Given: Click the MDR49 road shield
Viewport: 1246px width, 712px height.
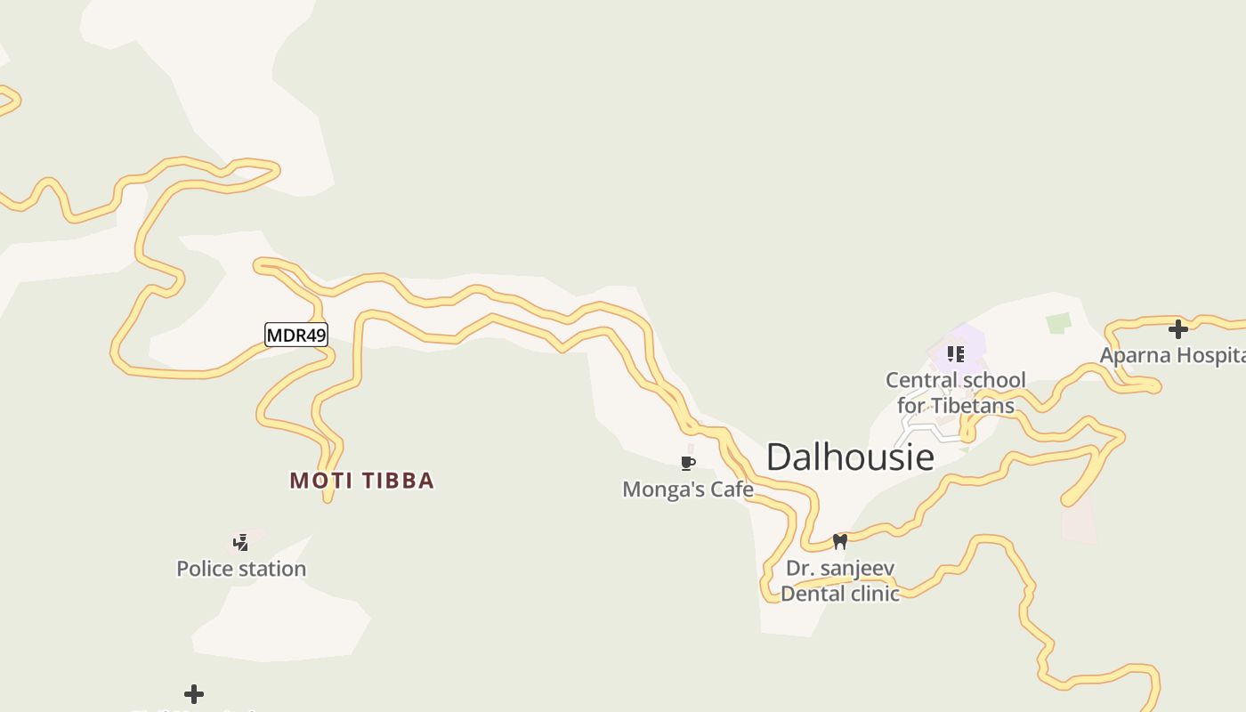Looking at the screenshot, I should click(296, 335).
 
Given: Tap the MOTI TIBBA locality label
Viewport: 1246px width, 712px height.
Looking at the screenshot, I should click(361, 481).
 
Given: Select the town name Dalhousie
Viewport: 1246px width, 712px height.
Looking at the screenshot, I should click(850, 457).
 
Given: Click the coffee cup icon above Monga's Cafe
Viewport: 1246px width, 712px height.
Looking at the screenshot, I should click(687, 463).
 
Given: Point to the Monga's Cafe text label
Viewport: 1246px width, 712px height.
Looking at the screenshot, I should click(687, 489).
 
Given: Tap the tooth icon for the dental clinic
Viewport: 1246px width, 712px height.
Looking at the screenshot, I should click(839, 541).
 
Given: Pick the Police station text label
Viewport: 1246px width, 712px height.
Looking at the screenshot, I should click(241, 569).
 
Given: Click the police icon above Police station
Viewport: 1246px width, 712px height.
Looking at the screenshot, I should click(240, 542).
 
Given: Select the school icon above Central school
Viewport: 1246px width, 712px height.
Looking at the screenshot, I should click(956, 354).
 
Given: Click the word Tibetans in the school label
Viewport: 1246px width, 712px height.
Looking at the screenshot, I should click(972, 406).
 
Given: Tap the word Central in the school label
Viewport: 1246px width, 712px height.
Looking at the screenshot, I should click(921, 380).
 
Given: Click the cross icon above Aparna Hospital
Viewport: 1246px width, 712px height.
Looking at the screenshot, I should click(1178, 329).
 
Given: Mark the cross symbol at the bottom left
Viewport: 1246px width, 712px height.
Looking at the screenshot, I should click(194, 694).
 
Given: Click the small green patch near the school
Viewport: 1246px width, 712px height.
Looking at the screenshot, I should click(1058, 322).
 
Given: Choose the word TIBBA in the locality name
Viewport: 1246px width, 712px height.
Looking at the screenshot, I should click(398, 481).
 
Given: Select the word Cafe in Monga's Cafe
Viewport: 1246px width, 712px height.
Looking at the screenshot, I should click(733, 489).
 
